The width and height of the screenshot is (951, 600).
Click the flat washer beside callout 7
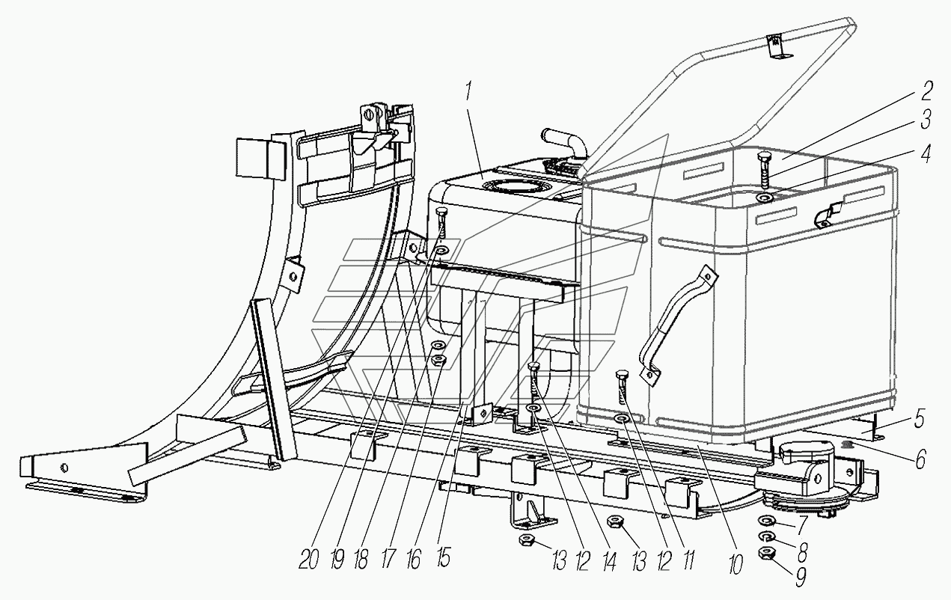coord(766,521)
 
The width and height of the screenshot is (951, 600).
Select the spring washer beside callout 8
coord(766,536)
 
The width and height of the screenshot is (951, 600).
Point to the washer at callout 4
coord(765,198)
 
